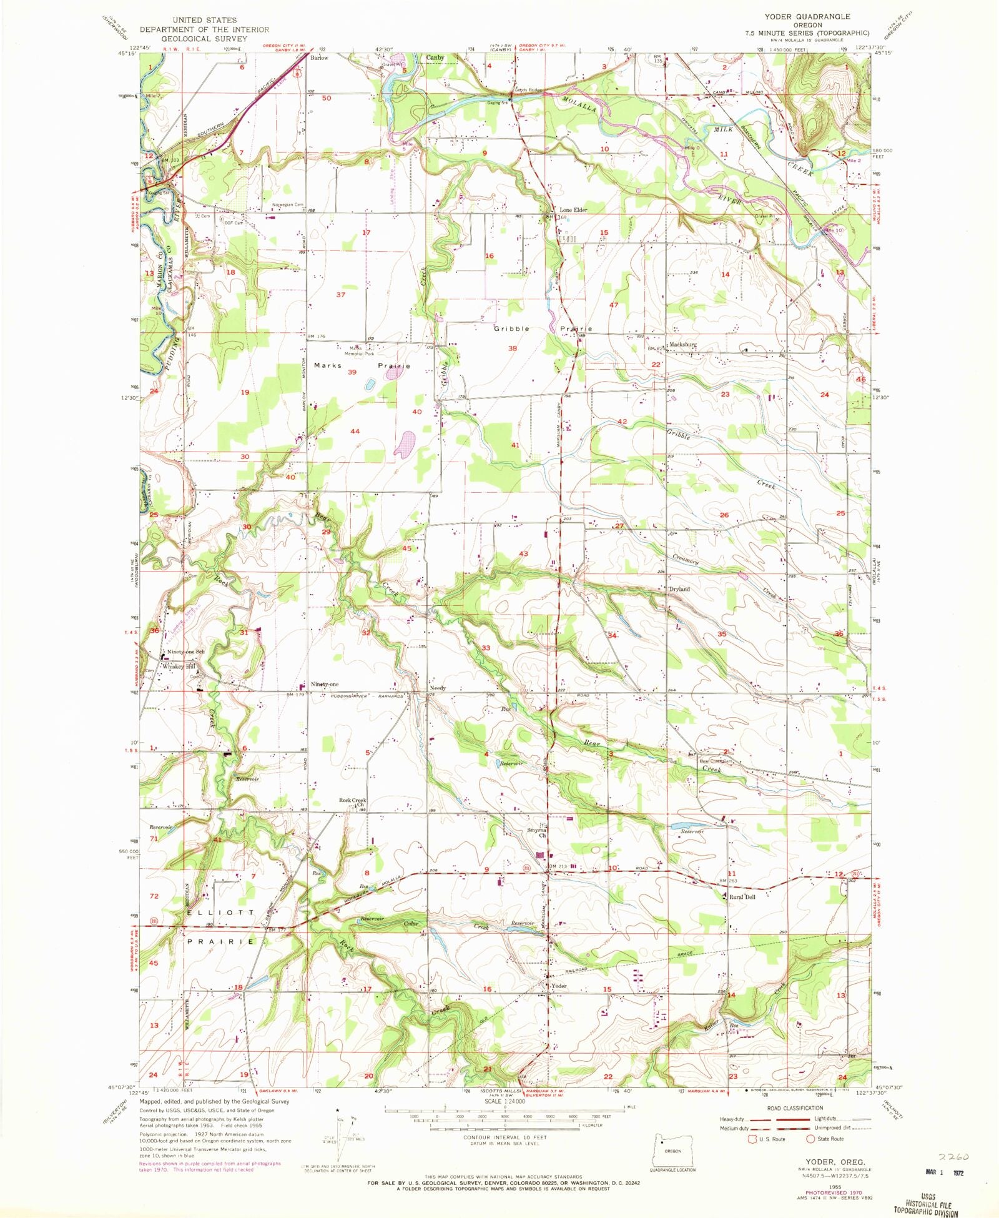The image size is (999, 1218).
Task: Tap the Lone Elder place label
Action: point(573,210)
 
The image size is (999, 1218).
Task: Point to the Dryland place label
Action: point(679,589)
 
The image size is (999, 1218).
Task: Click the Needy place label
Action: point(438,688)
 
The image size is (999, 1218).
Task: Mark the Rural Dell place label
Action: point(743,897)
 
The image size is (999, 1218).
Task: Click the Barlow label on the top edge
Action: point(319,57)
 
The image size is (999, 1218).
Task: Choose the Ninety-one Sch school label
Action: point(185,652)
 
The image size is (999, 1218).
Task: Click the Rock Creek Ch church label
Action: point(353,801)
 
